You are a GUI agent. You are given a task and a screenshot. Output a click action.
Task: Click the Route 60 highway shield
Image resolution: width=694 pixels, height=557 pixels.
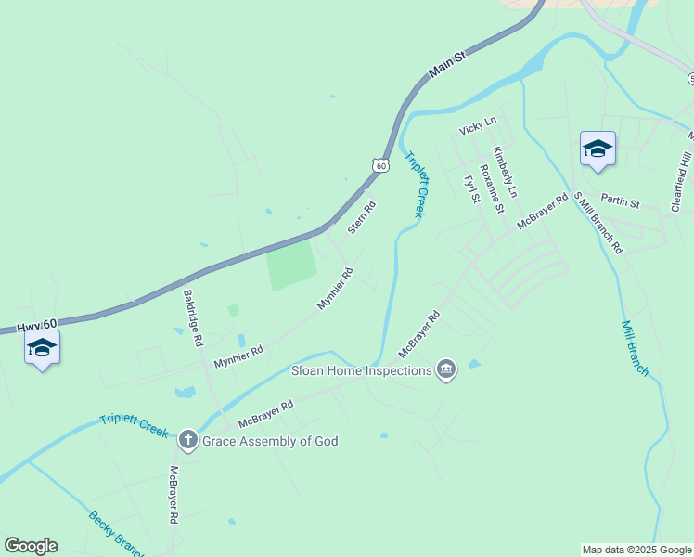coord(380,164)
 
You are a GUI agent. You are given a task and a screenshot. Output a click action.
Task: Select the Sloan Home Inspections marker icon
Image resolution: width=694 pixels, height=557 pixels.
coord(446,370)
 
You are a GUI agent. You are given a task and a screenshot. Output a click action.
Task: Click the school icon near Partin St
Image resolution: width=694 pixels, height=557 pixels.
coord(597,149)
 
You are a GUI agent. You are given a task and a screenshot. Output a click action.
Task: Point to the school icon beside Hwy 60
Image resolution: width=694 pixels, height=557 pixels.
coord(42,348)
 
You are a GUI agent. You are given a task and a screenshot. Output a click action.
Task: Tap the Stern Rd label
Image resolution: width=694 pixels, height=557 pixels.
coord(362,217)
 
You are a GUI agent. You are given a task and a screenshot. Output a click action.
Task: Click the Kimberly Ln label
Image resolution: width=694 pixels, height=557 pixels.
coord(504,173)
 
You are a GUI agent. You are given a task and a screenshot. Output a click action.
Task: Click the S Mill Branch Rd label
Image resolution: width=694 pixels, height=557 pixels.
coord(598,224)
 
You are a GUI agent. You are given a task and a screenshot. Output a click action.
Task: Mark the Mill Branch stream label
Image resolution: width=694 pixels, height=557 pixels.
coord(636,348)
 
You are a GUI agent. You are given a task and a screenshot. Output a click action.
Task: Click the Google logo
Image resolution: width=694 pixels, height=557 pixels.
coord(31,546)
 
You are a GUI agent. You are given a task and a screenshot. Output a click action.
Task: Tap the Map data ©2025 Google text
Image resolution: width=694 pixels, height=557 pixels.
coord(636,550)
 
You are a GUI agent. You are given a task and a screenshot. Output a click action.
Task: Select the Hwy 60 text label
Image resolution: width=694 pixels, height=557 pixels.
coord(37,324)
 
